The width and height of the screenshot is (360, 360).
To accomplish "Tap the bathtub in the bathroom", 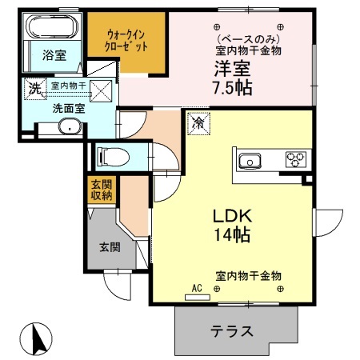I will coord(51,30).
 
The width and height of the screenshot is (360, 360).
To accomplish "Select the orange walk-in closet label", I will coord(126,41).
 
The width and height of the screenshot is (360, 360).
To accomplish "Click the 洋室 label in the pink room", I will coord(230,69).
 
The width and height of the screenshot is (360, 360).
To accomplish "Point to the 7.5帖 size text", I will coord(232,87).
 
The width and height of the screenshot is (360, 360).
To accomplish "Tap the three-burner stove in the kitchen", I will coord(297,158).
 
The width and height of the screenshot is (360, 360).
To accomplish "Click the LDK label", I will coord(232,217).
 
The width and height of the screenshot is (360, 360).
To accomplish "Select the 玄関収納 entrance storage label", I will coord(102,190).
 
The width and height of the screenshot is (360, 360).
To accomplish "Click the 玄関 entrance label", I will coord(110,247).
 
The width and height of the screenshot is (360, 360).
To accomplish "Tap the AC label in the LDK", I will coord(197,286).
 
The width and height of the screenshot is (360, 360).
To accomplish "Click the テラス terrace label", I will coord(232,330).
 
